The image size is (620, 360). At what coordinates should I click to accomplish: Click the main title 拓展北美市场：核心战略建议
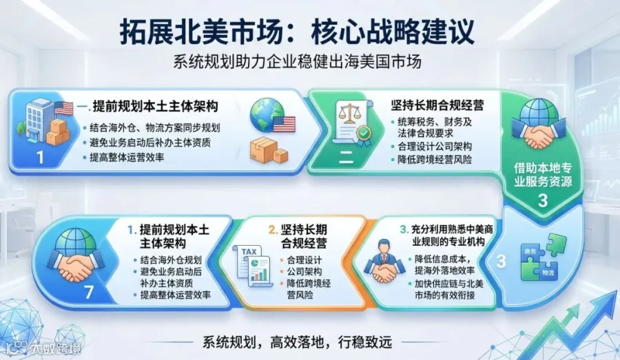click(x=297, y=32)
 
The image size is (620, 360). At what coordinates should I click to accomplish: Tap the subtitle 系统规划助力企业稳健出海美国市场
click(x=298, y=62)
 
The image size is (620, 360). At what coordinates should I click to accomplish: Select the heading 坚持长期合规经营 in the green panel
click(x=437, y=105)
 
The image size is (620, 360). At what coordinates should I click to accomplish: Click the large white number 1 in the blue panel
click(x=41, y=158)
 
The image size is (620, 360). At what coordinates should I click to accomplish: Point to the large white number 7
click(x=89, y=292)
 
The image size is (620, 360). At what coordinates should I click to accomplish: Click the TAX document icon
click(x=253, y=266)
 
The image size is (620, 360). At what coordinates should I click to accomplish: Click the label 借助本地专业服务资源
click(x=543, y=175)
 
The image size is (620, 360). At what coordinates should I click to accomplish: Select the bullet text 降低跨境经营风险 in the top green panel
click(x=435, y=160)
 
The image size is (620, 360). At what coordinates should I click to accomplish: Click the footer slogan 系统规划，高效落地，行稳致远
click(x=298, y=341)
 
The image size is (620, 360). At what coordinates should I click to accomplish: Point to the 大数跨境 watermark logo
click(x=41, y=348)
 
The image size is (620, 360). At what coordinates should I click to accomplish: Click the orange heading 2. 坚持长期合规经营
click(x=298, y=236)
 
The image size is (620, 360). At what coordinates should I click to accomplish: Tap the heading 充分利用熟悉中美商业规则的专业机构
click(x=446, y=235)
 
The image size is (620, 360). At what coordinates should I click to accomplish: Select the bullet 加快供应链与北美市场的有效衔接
click(x=448, y=289)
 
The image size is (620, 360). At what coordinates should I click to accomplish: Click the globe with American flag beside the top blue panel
click(x=272, y=116)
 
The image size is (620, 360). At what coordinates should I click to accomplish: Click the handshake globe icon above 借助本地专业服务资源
click(x=538, y=123)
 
